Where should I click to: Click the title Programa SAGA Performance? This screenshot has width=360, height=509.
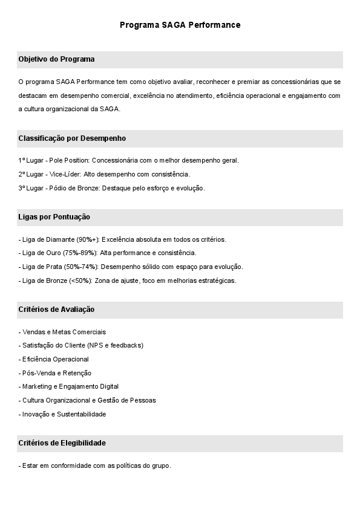tap(180, 25)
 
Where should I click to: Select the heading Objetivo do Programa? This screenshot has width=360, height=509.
tap(56, 59)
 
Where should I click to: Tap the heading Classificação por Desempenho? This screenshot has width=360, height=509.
tap(72, 138)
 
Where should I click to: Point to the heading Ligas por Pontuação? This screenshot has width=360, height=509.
tap(54, 216)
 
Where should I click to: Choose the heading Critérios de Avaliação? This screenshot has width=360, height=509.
tap(56, 310)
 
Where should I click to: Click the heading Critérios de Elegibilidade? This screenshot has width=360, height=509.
tap(62, 443)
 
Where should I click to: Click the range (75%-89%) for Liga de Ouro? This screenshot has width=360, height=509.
tap(80, 253)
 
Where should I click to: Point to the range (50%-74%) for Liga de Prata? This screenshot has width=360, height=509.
tap(81, 267)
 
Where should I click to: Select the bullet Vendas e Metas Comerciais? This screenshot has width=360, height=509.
tap(64, 332)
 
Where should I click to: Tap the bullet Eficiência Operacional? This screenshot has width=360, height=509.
tap(56, 359)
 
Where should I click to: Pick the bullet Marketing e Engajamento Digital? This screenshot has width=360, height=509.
tap(70, 386)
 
